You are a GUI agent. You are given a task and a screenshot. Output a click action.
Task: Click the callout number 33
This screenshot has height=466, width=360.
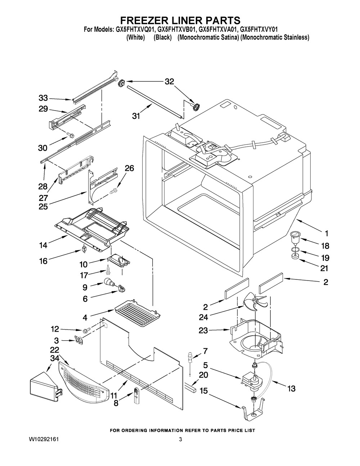pos(43,98)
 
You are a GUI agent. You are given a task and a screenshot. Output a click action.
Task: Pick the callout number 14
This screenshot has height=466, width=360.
pos(43,246)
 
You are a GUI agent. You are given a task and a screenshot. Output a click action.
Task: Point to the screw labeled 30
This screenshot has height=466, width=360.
pos(70,136)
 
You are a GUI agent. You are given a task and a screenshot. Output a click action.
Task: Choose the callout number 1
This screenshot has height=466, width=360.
pos(326,232)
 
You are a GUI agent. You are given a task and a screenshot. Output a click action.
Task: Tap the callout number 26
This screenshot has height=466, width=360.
pos(130,168)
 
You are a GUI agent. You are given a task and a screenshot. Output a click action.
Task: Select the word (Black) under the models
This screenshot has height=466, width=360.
pos(162,37)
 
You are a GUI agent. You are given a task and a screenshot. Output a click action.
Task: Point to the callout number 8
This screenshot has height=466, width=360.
pos(116,403)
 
